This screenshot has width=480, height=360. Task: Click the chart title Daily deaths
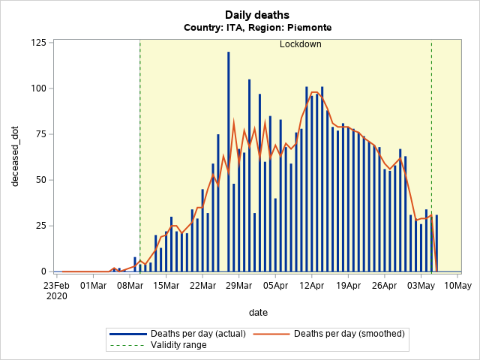pos(257,14)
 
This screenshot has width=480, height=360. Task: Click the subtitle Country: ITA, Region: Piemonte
pos(257,28)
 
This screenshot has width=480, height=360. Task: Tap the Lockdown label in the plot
pos(300,44)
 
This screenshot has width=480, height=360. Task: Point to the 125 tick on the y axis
pos(37,42)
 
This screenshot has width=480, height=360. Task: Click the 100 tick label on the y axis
pos(37,88)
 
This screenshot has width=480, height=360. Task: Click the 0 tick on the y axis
pos(43,271)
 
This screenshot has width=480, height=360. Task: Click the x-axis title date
pos(257,312)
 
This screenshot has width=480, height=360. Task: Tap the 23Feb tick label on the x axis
pos(56,286)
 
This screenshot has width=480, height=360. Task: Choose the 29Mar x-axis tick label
pos(238,286)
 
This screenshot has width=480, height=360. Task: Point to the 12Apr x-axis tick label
pos(311,286)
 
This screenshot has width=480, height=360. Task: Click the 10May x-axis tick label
pos(457,286)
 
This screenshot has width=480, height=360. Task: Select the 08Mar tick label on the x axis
pos(129,286)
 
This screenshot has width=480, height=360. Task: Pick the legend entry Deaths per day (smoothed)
pos(349,333)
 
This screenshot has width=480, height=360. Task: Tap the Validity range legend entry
pos(178,345)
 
